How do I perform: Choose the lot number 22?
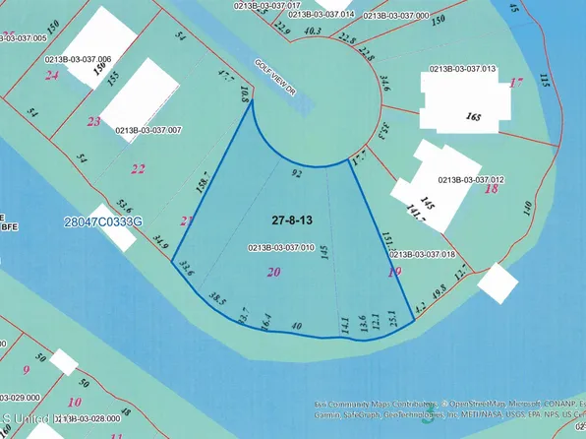tap(139, 168)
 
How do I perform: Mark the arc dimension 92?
tap(296, 171)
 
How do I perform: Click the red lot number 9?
tap(27, 369)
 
